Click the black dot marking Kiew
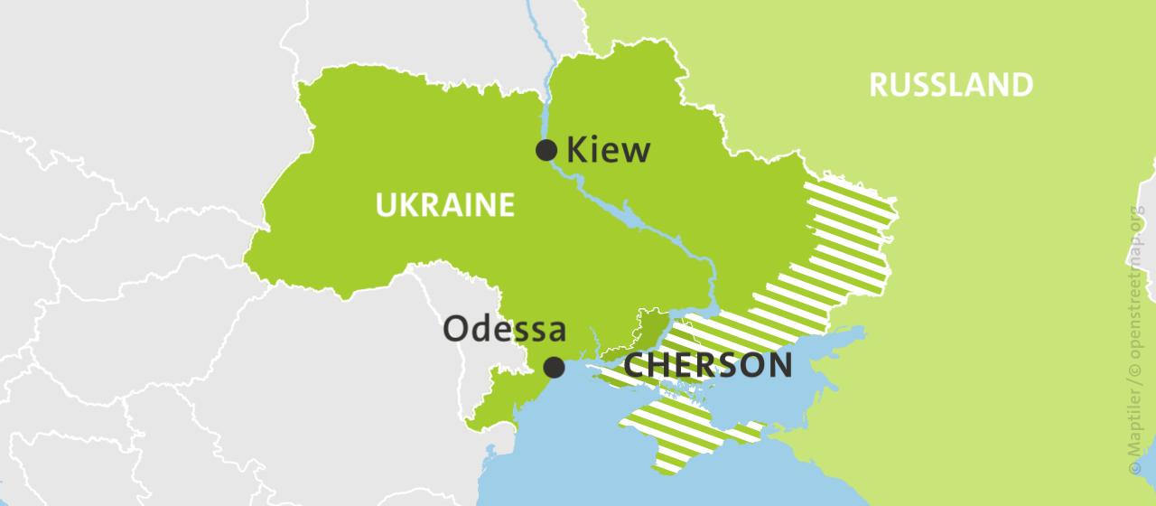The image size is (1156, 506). (546, 150)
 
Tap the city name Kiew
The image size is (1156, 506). (608, 150)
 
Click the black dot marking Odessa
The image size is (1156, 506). (554, 367)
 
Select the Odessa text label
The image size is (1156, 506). (504, 329)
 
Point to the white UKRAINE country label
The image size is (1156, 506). (444, 205)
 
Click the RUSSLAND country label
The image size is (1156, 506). (950, 85)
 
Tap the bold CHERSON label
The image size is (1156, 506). (708, 366)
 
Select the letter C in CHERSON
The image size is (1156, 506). (636, 366)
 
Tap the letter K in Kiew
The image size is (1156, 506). (575, 150)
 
